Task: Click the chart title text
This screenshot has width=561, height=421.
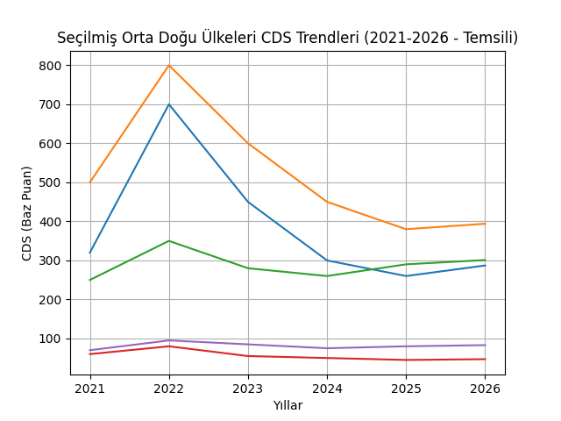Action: pyautogui.click(x=288, y=38)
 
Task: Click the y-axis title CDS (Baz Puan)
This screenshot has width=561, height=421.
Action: pyautogui.click(x=27, y=213)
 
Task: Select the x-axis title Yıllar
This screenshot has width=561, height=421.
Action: pyautogui.click(x=288, y=405)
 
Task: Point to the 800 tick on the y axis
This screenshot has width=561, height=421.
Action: pyautogui.click(x=49, y=66)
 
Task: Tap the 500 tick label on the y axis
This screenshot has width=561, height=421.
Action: pyautogui.click(x=49, y=182)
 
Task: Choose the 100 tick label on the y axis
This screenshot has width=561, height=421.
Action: pyautogui.click(x=49, y=339)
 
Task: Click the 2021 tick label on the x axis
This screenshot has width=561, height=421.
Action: pyautogui.click(x=90, y=389)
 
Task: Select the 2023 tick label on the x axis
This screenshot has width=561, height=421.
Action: pyautogui.click(x=248, y=389)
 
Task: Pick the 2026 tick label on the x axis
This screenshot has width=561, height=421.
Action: pyautogui.click(x=485, y=389)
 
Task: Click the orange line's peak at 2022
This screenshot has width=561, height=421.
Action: pyautogui.click(x=169, y=65)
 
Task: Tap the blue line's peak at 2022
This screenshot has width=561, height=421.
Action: pyautogui.click(x=169, y=104)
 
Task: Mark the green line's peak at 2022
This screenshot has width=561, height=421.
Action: pyautogui.click(x=169, y=240)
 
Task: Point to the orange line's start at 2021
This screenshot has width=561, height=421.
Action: pyautogui.click(x=90, y=182)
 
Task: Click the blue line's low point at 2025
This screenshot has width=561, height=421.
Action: pyautogui.click(x=406, y=276)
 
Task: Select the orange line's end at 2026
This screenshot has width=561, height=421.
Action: pyautogui.click(x=485, y=224)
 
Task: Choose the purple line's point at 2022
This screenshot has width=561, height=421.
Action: pyautogui.click(x=169, y=340)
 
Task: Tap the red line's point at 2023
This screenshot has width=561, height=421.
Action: pyautogui.click(x=248, y=356)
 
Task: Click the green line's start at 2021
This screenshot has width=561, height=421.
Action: pyautogui.click(x=90, y=280)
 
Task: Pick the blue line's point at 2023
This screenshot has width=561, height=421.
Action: pyautogui.click(x=248, y=202)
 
